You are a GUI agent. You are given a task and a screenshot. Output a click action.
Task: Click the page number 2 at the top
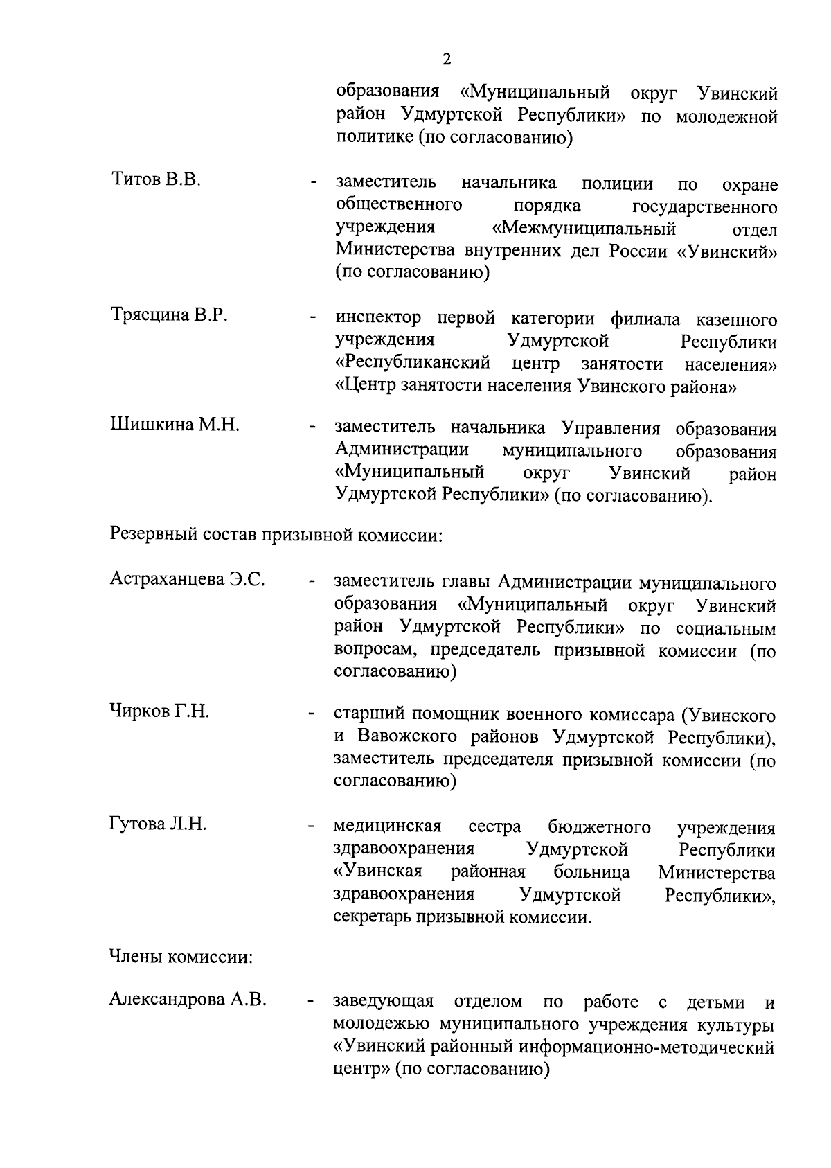pyautogui.click(x=446, y=60)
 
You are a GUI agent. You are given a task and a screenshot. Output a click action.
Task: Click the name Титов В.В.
pyautogui.click(x=156, y=181)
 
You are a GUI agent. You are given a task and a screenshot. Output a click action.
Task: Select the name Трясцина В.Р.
pyautogui.click(x=170, y=315)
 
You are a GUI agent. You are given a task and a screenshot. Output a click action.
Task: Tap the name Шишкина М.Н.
pyautogui.click(x=175, y=425)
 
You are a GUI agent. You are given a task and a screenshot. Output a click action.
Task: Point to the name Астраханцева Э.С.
pyautogui.click(x=188, y=579)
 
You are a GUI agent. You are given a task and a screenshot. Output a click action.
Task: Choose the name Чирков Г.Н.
pyautogui.click(x=159, y=711)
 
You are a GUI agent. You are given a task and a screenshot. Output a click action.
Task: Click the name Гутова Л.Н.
pyautogui.click(x=158, y=824)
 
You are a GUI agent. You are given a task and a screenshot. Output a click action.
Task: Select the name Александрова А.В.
pyautogui.click(x=188, y=1000)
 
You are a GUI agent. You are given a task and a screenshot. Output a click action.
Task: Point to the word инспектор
pyautogui.click(x=378, y=319)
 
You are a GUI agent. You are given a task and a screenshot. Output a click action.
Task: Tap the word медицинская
pyautogui.click(x=387, y=827)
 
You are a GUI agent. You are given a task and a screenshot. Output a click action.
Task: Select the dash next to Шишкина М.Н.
pyautogui.click(x=313, y=428)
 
